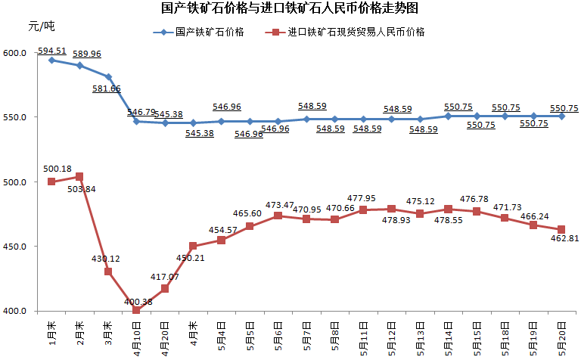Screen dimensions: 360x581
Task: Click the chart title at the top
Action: [x=290, y=9]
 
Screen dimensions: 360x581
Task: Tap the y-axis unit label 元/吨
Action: [x=42, y=26]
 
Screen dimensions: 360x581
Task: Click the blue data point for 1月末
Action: [x=51, y=60]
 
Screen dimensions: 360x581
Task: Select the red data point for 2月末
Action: [x=79, y=177]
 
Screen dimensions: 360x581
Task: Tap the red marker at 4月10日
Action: [x=136, y=310]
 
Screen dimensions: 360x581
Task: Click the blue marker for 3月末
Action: [x=108, y=76]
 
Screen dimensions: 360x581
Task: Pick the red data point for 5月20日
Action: [x=561, y=229]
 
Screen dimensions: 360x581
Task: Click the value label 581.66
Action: [x=105, y=88]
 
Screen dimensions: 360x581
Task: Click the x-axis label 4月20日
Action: [x=165, y=337]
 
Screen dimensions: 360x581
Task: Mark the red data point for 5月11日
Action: [x=363, y=209]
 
